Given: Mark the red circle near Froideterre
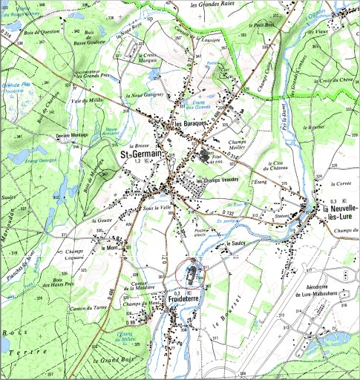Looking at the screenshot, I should click(193, 275).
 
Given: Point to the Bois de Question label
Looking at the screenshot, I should click(40, 36).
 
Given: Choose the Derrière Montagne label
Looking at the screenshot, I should click(72, 137).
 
